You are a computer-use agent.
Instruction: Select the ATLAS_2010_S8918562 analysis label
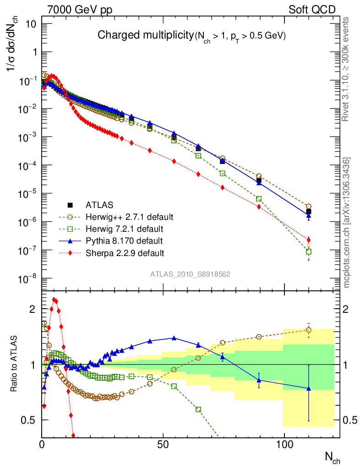[x=190, y=274]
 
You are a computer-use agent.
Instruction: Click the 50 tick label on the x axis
[x=164, y=444]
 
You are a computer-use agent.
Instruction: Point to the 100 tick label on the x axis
[x=284, y=444]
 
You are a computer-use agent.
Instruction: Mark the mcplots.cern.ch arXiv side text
[x=347, y=223]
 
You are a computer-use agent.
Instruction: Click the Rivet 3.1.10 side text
[x=347, y=69]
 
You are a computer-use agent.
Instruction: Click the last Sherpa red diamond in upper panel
[x=309, y=240]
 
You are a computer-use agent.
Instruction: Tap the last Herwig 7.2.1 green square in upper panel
[x=309, y=251]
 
